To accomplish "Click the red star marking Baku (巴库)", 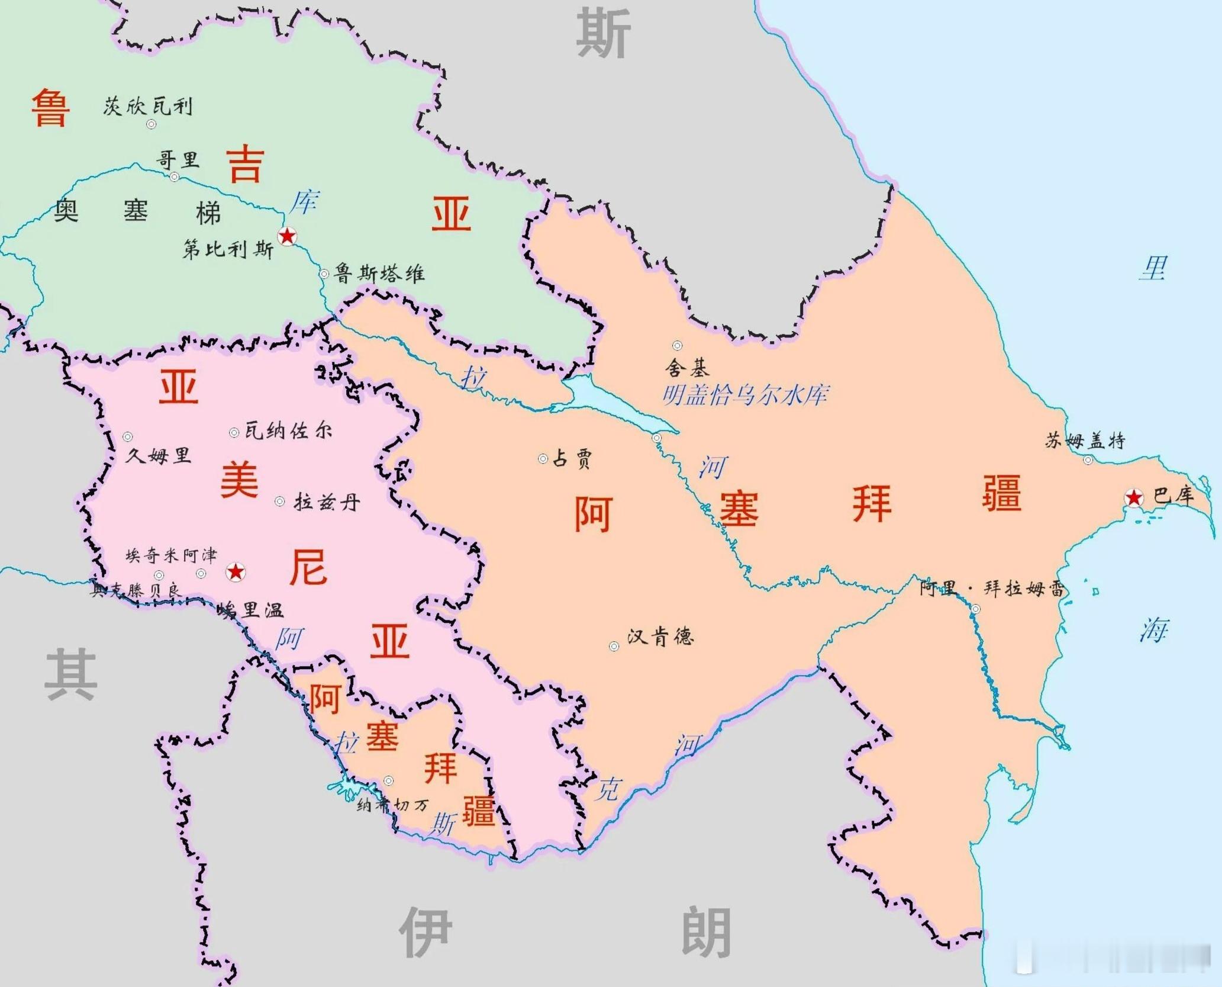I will click(x=1133, y=498).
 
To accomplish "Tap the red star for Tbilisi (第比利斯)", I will click(x=287, y=236).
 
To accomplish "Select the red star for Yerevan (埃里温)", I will click(x=236, y=572).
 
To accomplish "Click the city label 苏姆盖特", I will click(x=1084, y=441).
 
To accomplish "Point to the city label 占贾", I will click(x=572, y=458).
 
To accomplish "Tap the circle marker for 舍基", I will click(x=677, y=346).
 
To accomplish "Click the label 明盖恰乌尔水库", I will click(x=745, y=395).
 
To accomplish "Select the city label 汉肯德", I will click(x=660, y=637).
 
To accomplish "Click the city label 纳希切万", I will click(x=392, y=805).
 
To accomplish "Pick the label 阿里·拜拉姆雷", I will click(x=992, y=589).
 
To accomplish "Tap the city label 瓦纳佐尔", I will click(x=288, y=430).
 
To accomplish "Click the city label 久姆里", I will click(x=159, y=455).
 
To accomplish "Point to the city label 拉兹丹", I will click(x=327, y=503).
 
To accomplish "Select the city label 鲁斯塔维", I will click(x=379, y=274).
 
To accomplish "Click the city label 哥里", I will click(x=177, y=160).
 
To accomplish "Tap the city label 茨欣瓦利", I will click(x=148, y=107).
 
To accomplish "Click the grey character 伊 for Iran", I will click(x=425, y=931).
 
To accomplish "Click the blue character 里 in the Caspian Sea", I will click(x=1153, y=268).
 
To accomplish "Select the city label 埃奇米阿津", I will click(x=171, y=555).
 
